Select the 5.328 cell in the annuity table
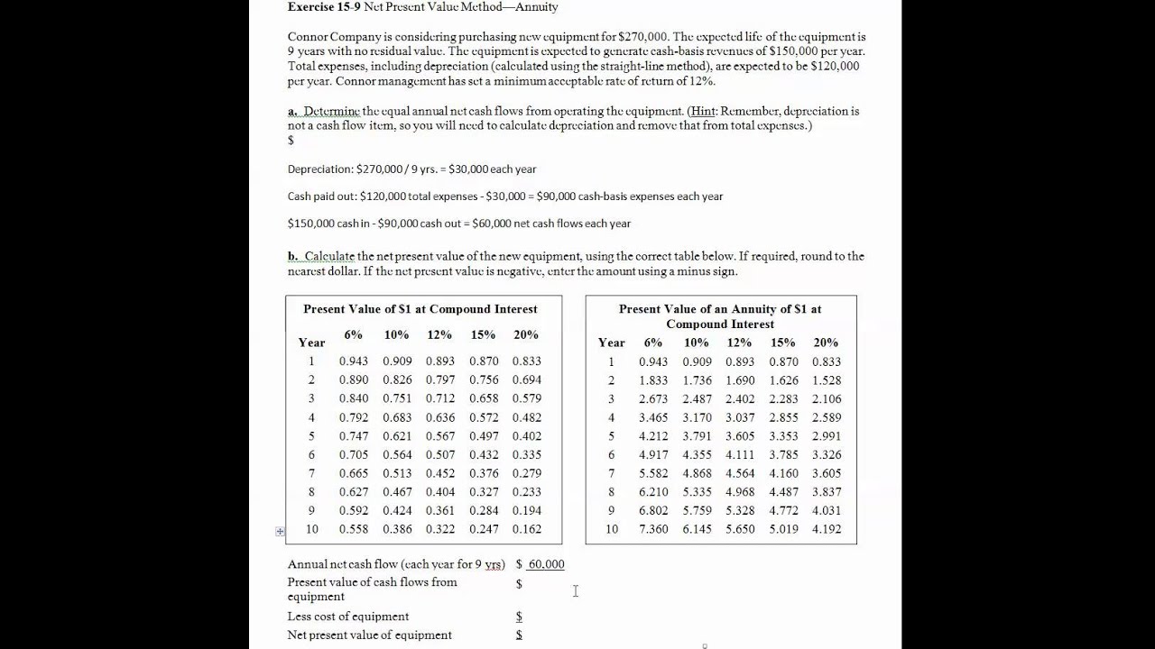pos(739,510)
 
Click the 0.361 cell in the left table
pos(439,510)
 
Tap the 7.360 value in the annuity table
pos(653,529)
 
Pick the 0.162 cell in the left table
pos(526,529)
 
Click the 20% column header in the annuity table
pos(825,343)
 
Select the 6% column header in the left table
pos(353,334)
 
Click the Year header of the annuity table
pos(611,343)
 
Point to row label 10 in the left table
pos(311,529)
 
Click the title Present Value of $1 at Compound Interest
pos(420,309)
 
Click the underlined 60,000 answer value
pos(546,564)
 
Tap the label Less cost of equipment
pos(347,617)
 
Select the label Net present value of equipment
pos(369,635)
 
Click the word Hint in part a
pos(702,112)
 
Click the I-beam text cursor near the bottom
pos(575,590)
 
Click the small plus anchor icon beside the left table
pos(280,532)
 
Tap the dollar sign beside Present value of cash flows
pos(519,584)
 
